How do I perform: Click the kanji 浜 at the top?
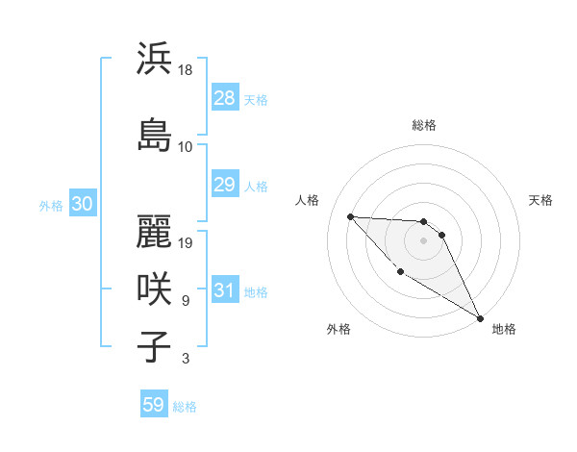click(155, 59)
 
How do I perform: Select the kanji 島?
click(155, 134)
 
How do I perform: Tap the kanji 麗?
click(155, 231)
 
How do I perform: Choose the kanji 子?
click(155, 345)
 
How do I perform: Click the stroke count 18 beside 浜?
click(186, 71)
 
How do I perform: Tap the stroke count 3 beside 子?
click(185, 359)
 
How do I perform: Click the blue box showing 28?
click(224, 98)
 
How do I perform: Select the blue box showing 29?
click(224, 185)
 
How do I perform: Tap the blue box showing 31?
click(224, 290)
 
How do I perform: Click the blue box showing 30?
click(82, 204)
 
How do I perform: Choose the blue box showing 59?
click(154, 405)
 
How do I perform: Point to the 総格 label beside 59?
click(185, 407)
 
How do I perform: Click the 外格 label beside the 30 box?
click(51, 205)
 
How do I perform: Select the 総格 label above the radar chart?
click(424, 126)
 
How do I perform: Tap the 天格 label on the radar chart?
click(540, 200)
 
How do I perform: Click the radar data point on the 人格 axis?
click(350, 216)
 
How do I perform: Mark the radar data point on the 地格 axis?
click(482, 317)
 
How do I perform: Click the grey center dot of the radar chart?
click(423, 240)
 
